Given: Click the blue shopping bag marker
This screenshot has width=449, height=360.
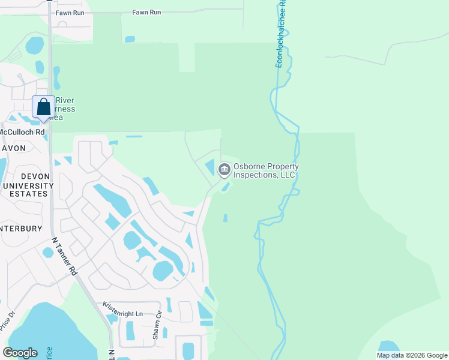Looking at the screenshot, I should coord(43,107).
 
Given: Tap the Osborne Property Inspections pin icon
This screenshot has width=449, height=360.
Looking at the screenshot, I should coord(224,170).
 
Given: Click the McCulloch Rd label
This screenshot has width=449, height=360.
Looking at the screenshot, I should coord(23,132).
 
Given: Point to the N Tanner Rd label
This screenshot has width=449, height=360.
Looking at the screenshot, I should coord(65,256).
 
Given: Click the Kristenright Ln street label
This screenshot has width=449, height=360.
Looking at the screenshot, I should coord(123,313).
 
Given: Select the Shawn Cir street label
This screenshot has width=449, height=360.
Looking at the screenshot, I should coord(158,326).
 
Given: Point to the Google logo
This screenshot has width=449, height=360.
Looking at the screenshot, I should coord(20,352).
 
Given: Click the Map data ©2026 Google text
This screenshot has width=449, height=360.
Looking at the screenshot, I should coord(412,355).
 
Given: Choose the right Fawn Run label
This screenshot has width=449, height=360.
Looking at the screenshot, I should coord(146,12).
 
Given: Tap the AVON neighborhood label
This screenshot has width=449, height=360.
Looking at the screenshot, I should coord(13,148).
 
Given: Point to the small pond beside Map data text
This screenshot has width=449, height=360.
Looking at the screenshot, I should coord(390,346).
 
